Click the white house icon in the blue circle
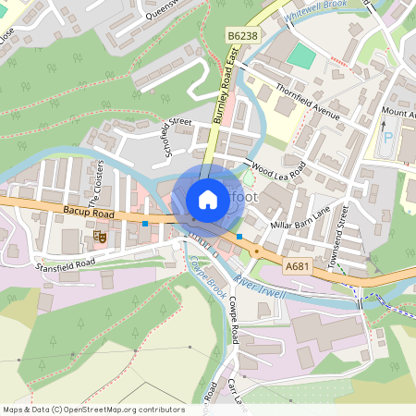click(208, 199)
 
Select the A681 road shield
click(297, 266)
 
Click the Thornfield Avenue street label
click(307, 104)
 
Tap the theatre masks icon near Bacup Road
click(101, 238)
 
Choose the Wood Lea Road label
click(277, 171)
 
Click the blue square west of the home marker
click(145, 223)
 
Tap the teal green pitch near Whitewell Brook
click(300, 55)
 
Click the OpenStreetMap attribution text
click(93, 410)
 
